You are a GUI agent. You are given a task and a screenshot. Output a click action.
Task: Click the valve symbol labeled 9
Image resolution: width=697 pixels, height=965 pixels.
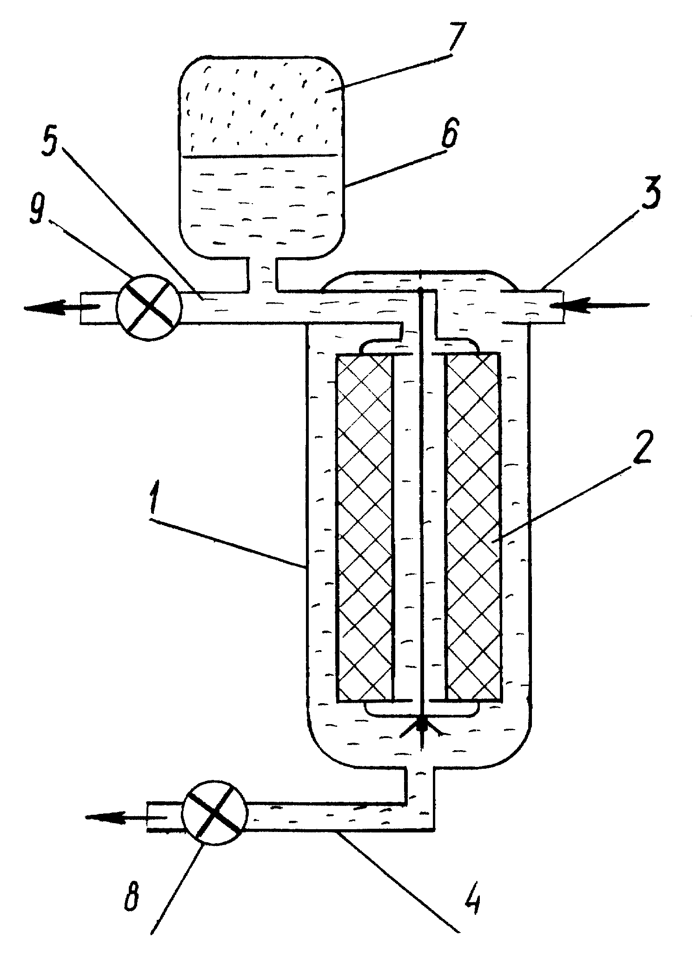[x=148, y=306]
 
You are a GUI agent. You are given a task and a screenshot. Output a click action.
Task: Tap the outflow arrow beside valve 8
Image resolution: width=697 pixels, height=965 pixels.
[x=126, y=817]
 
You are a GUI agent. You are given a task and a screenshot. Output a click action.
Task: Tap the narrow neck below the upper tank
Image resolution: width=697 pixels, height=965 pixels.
[x=262, y=274]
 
